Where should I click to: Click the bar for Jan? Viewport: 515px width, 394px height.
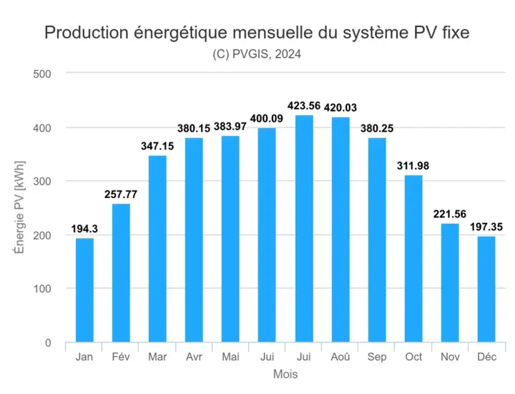(84, 290)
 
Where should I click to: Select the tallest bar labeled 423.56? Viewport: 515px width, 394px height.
(304, 228)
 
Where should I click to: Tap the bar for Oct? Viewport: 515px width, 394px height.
(413, 258)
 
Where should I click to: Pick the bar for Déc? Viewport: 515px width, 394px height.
(486, 289)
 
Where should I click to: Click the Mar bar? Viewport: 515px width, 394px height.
(157, 249)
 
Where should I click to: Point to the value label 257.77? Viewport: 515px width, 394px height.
(121, 194)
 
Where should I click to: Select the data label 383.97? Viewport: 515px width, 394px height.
(230, 127)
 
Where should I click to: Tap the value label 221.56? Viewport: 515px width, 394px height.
(450, 214)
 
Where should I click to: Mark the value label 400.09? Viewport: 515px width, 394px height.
(267, 118)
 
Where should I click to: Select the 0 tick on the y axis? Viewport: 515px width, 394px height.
(47, 343)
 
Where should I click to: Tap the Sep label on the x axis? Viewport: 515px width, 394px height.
(377, 357)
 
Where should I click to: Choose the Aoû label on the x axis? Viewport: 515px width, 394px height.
(340, 357)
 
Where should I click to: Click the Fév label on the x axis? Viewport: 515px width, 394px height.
(121, 357)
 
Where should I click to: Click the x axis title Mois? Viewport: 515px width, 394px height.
(285, 374)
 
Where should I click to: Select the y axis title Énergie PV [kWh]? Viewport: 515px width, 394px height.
(19, 207)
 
